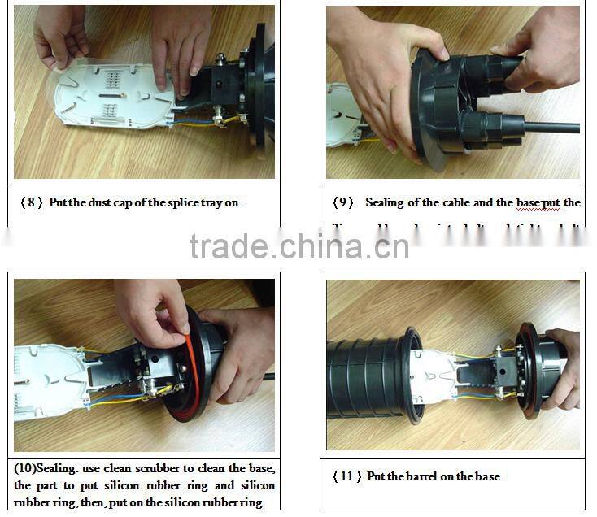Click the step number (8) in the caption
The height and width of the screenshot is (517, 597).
pos(33,202)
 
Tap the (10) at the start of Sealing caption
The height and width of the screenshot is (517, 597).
pos(26,469)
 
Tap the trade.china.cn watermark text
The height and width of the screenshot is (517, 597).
pos(298,245)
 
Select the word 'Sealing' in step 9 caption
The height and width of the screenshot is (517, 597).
pos(386,202)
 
